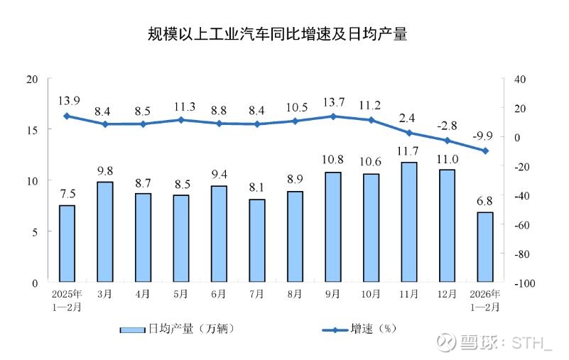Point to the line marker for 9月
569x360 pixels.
pos(332,116)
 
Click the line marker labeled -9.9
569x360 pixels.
pos(485,151)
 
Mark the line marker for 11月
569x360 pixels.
pos(408,133)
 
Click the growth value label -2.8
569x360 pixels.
pos(447,126)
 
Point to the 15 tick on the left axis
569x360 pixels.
pos(31,129)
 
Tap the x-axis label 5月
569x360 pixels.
pos(180,294)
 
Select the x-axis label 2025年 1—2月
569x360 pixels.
pos(67,300)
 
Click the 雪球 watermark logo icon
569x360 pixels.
pos(445,343)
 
